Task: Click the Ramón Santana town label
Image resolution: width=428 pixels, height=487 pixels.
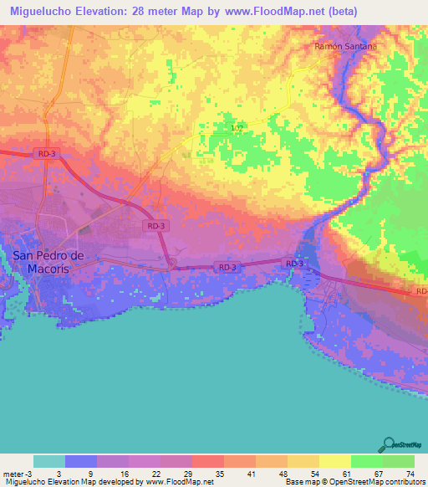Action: click(x=345, y=47)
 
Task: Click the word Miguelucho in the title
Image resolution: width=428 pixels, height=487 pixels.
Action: click(x=40, y=12)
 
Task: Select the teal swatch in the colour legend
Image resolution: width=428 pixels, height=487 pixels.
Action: click(x=49, y=461)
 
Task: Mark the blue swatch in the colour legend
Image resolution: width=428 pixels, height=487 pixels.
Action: click(x=81, y=461)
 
